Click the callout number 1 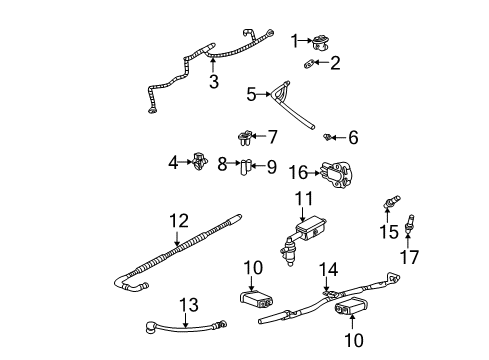click(295, 41)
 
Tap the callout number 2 click(335, 64)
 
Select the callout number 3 click(213, 82)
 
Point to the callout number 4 click(173, 160)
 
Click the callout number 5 click(253, 96)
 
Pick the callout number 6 click(352, 136)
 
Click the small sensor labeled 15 click(387, 207)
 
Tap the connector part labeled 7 click(244, 135)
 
